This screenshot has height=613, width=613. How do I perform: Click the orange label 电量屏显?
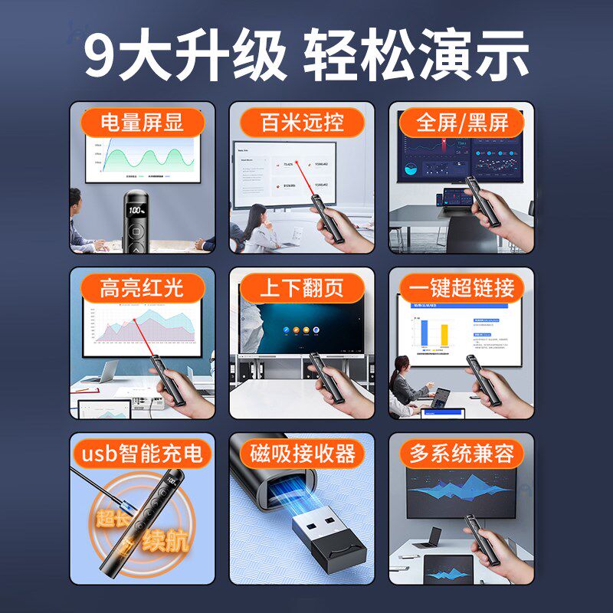[143, 123]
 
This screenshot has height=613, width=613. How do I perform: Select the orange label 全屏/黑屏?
[461, 123]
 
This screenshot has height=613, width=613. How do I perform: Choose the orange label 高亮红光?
[143, 288]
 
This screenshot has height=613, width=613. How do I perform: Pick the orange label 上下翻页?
[302, 288]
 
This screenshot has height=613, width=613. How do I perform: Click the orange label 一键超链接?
[461, 288]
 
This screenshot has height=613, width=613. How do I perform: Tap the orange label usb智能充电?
[143, 453]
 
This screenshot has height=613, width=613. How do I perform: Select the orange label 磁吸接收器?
[302, 453]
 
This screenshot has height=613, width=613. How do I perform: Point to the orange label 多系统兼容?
[461, 453]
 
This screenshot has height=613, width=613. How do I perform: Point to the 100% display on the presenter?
[136, 209]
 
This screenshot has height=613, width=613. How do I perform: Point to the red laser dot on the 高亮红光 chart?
[134, 320]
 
